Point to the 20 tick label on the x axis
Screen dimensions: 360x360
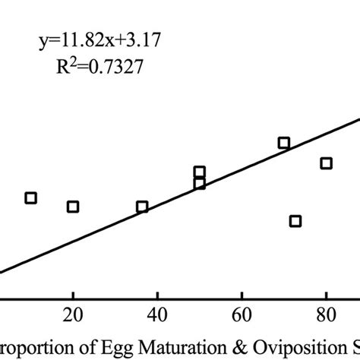click(72, 314)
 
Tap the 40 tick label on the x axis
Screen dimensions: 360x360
click(157, 314)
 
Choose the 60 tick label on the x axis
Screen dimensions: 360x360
click(242, 314)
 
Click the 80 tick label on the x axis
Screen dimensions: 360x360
click(326, 314)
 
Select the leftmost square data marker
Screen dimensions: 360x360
click(30, 197)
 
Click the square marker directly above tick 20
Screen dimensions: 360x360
click(73, 207)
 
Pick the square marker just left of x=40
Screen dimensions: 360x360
click(142, 207)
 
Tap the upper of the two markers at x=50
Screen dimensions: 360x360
click(200, 172)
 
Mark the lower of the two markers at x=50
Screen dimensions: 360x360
click(200, 183)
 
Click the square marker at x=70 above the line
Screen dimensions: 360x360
click(284, 143)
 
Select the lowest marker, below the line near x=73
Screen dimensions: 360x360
click(295, 221)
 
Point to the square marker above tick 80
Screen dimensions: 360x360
click(327, 163)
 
